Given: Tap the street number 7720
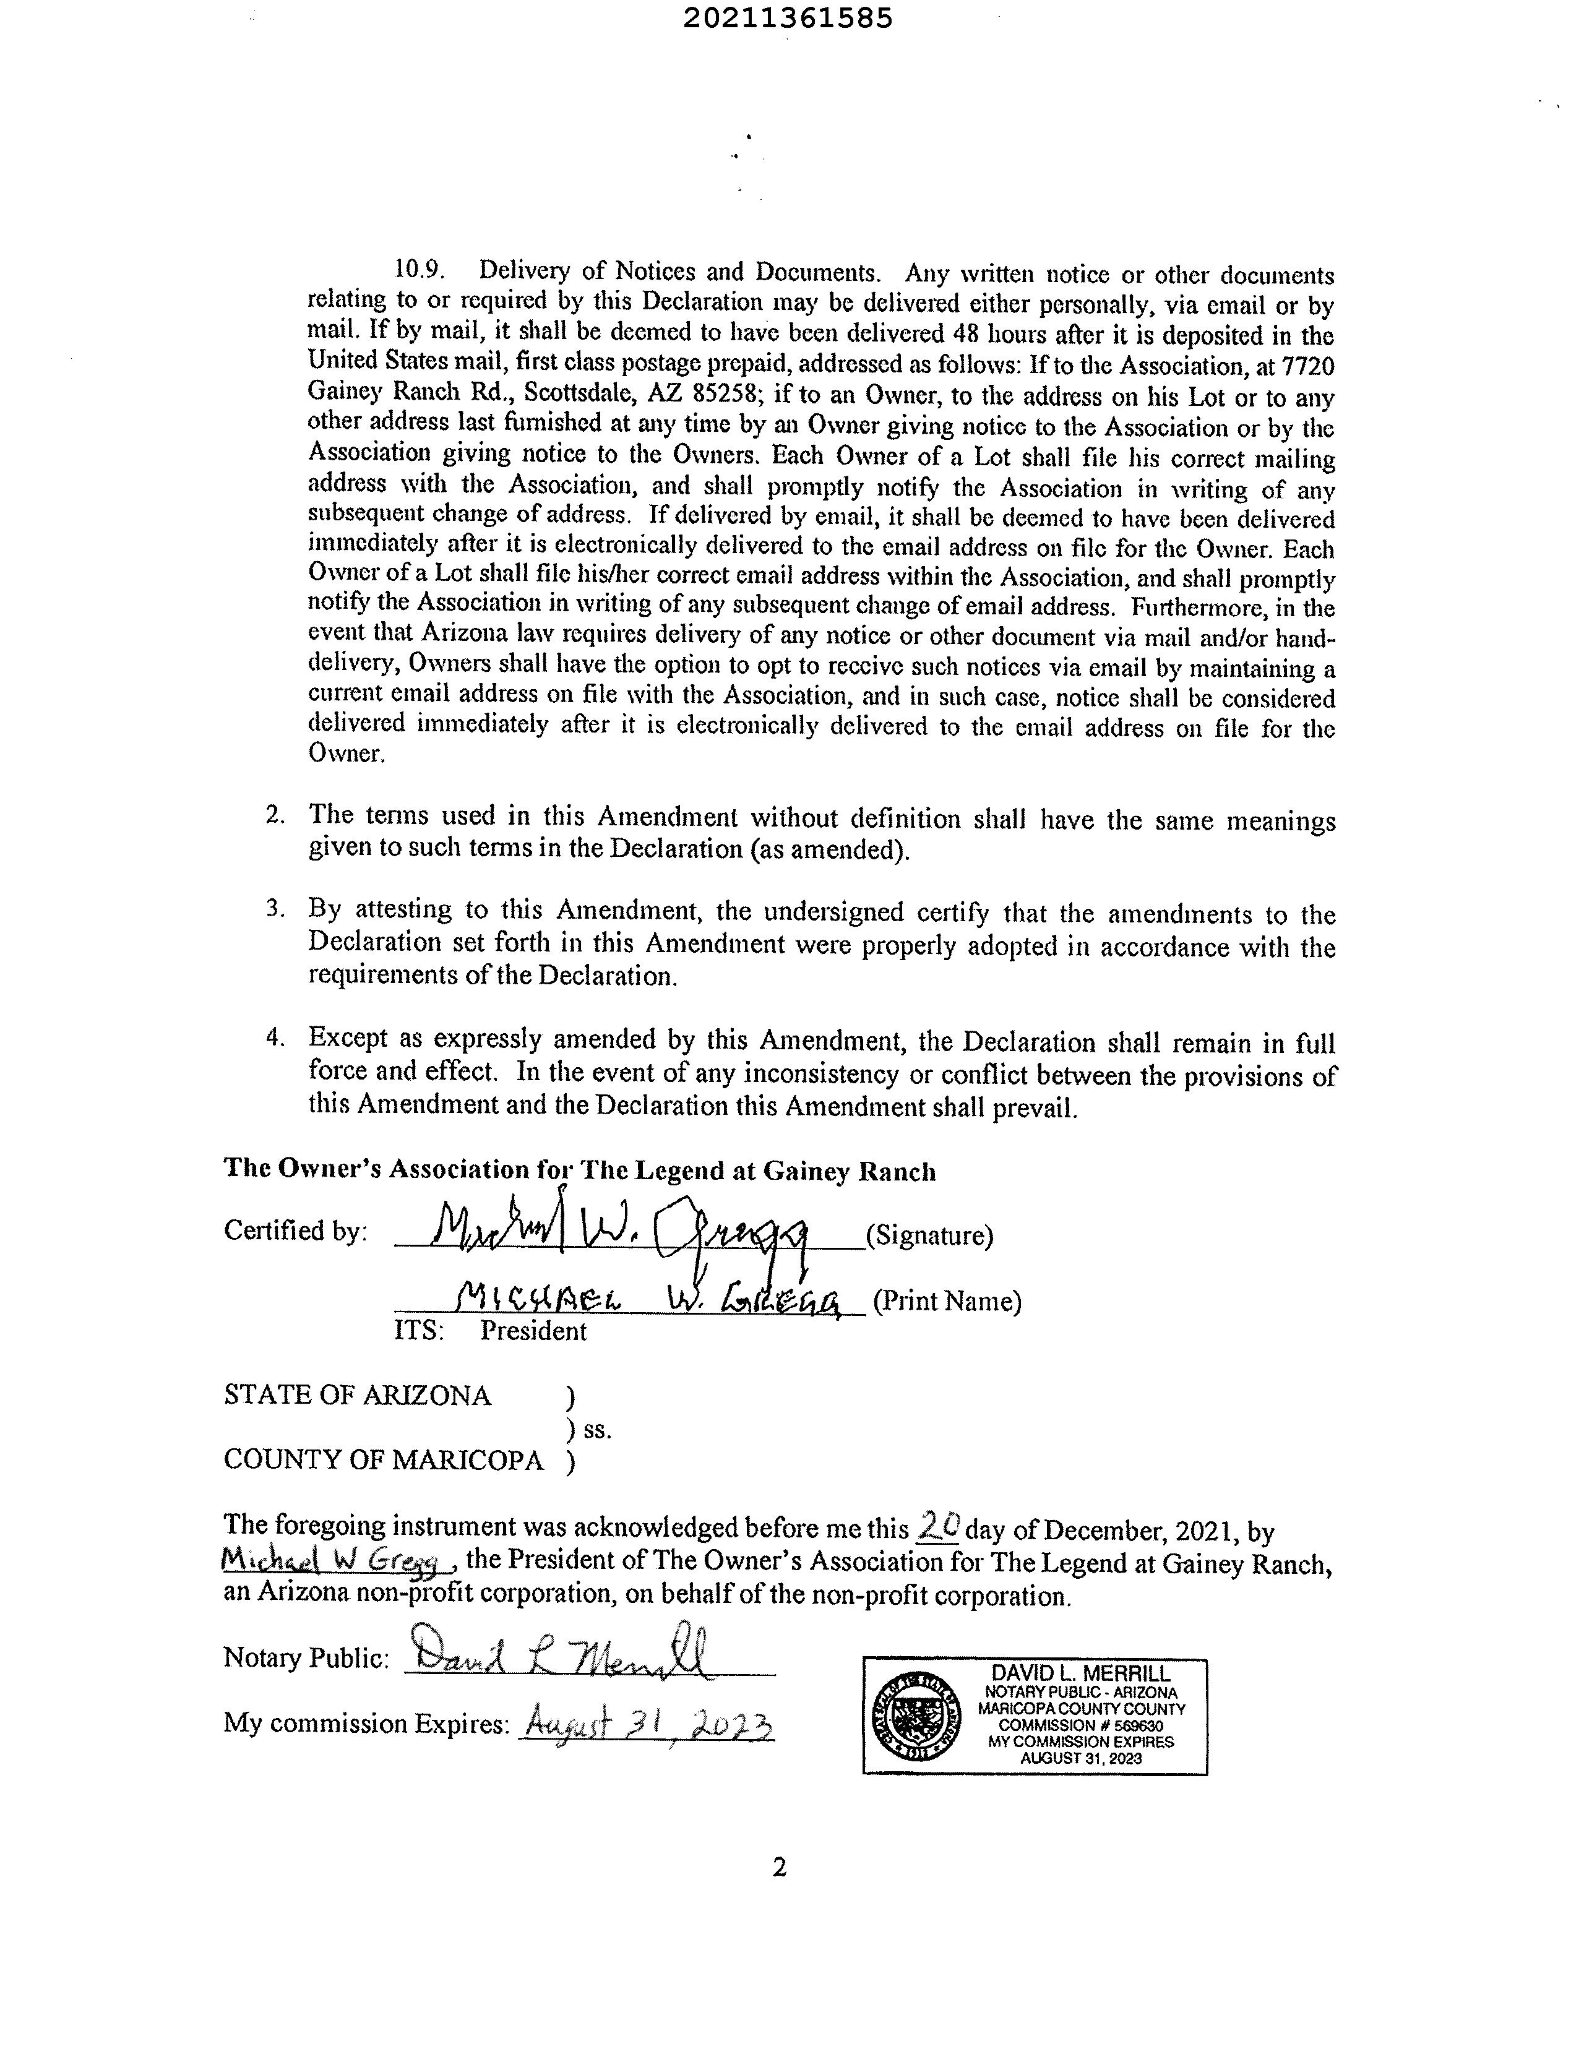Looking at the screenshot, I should click(1307, 366).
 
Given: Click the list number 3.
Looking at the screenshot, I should click(275, 908).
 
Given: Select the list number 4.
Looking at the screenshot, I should click(275, 1037).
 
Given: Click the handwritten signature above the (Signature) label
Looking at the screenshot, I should click(619, 1227).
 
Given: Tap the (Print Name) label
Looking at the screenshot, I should click(947, 1301).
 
